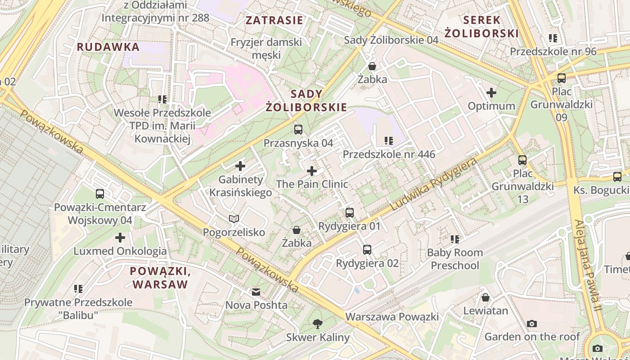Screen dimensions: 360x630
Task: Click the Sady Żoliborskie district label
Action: pyautogui.click(x=306, y=100)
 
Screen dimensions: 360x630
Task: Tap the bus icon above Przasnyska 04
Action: pyautogui.click(x=298, y=130)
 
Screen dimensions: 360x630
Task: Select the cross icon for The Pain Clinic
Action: pyautogui.click(x=311, y=171)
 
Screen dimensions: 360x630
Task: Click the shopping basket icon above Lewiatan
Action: pyautogui.click(x=486, y=297)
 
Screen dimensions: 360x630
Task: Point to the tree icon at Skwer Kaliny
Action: pyautogui.click(x=318, y=324)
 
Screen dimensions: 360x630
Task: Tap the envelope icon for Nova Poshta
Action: pyautogui.click(x=256, y=292)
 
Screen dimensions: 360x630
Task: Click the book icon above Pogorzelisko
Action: pyautogui.click(x=234, y=219)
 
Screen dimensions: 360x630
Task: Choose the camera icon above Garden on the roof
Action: pyautogui.click(x=532, y=324)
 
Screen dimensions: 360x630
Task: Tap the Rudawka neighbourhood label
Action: pyautogui.click(x=108, y=47)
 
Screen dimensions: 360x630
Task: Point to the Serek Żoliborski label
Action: pyautogui.click(x=481, y=27)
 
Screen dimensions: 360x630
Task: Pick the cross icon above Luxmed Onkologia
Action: pyautogui.click(x=120, y=237)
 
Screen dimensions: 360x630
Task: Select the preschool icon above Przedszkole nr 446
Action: pyautogui.click(x=389, y=141)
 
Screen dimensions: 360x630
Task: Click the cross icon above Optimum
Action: pyautogui.click(x=491, y=93)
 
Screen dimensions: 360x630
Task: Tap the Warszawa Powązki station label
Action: pyautogui.click(x=391, y=317)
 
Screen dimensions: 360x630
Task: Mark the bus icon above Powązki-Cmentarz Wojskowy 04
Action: pyautogui.click(x=100, y=194)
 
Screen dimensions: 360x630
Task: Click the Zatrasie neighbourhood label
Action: pyautogui.click(x=274, y=20)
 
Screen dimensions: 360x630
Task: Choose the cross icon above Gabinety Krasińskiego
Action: pyautogui.click(x=240, y=166)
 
